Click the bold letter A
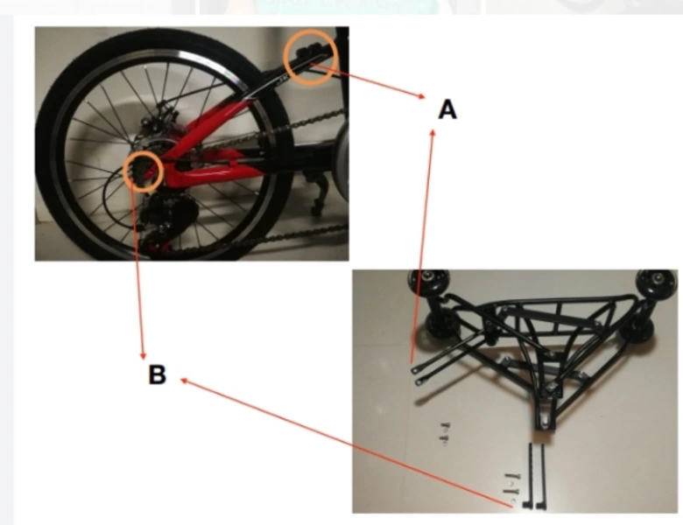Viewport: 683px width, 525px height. [x=447, y=109]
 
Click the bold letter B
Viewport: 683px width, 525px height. [x=158, y=374]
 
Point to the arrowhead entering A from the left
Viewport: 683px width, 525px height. [x=421, y=95]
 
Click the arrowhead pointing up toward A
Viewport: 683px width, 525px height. [x=432, y=132]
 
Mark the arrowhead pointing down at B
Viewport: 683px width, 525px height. [x=143, y=355]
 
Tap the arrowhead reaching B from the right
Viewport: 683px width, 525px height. [x=184, y=381]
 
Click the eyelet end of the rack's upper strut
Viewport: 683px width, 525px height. [x=414, y=370]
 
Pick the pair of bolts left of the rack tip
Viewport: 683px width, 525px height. [x=444, y=434]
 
